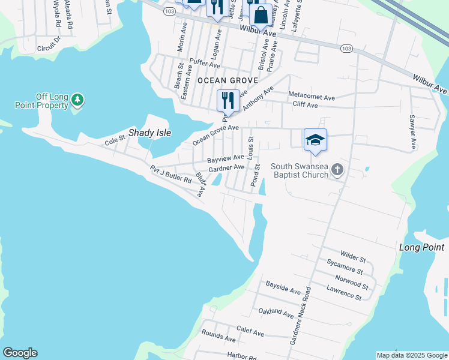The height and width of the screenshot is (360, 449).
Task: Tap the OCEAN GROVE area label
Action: [x=228, y=80]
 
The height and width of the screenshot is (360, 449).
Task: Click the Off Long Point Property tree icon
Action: [x=77, y=98]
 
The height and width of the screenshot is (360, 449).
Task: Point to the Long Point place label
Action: [x=421, y=247]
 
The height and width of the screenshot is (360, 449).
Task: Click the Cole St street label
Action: [x=114, y=142]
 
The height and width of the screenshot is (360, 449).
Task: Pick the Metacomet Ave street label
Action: [x=312, y=96]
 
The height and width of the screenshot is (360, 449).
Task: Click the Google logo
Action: [x=20, y=353]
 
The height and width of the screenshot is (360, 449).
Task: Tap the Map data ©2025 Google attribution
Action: [x=411, y=355]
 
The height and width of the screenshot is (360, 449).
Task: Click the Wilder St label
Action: [x=353, y=257]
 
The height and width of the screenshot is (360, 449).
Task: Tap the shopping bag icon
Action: [x=261, y=14]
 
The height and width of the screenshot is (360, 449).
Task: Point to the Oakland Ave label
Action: [x=276, y=313]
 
